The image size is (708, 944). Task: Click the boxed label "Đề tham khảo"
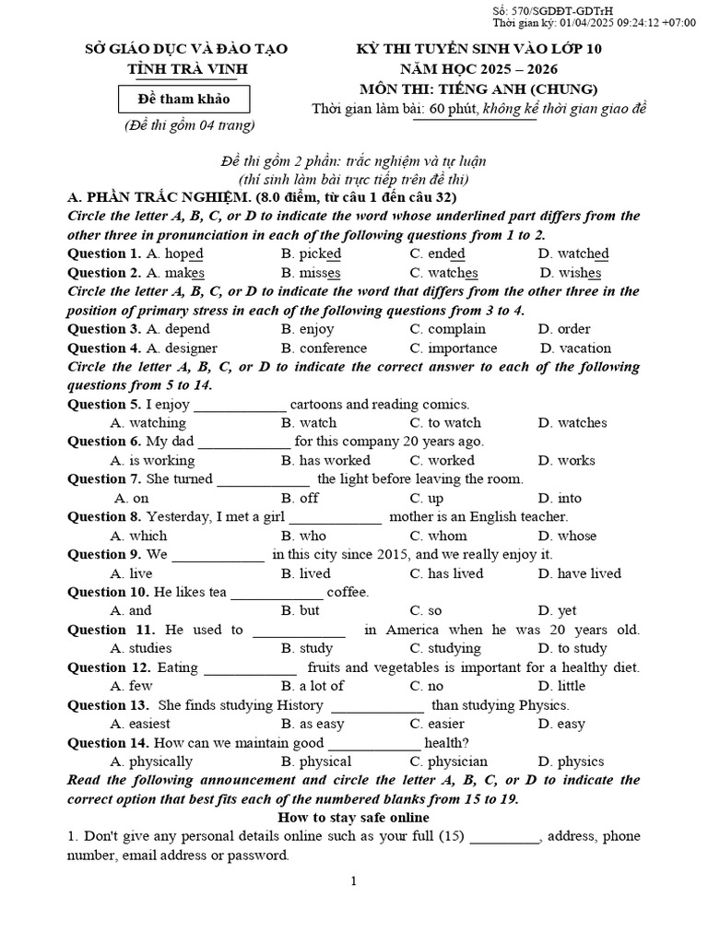click(183, 99)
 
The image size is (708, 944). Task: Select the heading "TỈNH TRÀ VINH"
click(187, 69)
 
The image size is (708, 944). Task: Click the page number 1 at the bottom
click(353, 881)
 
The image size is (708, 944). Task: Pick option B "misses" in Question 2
click(311, 273)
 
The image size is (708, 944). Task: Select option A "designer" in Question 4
click(182, 348)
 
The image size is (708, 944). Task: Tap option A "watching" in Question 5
click(147, 423)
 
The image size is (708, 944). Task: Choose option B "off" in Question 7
click(301, 499)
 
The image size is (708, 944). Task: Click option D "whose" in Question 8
click(567, 536)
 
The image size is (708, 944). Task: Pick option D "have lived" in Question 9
click(580, 573)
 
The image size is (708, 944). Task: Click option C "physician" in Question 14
click(449, 761)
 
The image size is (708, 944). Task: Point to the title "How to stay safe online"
click(353, 818)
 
